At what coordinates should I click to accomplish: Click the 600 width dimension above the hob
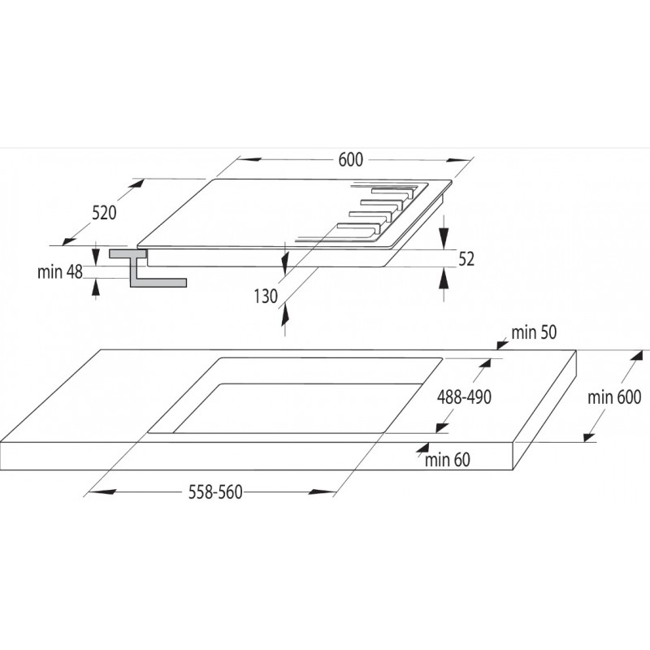[350, 159]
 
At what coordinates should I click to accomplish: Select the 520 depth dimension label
[104, 213]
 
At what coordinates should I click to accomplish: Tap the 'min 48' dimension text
[60, 272]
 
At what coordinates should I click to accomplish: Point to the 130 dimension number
[266, 297]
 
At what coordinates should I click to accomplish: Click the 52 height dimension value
[466, 259]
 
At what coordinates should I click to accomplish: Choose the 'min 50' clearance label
[534, 332]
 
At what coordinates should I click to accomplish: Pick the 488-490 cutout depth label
[464, 397]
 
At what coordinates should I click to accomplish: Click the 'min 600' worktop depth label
[614, 397]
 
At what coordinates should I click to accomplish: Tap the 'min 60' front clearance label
[448, 460]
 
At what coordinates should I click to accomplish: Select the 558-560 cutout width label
[215, 492]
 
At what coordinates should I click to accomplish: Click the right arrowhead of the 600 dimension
[459, 160]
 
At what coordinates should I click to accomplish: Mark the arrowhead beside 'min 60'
[422, 448]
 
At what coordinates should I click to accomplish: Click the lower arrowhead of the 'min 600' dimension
[589, 437]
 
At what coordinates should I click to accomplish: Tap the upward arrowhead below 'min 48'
[96, 286]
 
